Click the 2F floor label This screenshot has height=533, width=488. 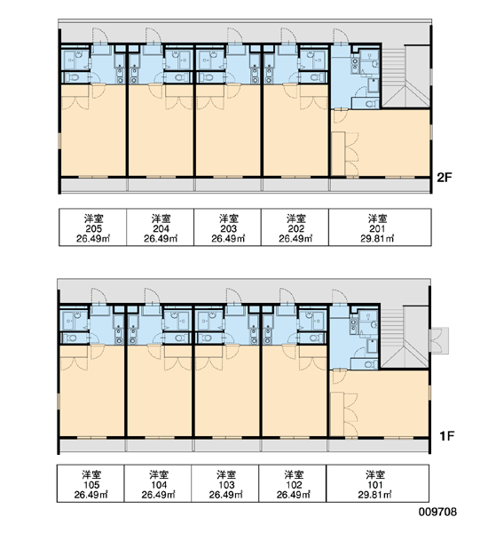445,177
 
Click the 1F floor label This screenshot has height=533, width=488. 446,436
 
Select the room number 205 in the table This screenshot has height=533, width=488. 93,228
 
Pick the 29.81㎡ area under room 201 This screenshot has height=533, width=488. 377,238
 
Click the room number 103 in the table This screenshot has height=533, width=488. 226,485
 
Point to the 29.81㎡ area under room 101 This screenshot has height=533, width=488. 374,494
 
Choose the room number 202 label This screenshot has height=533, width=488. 295,228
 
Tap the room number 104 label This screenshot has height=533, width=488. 159,485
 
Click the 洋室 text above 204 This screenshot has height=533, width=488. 161,219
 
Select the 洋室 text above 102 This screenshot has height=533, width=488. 294,475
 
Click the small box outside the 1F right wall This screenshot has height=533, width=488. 439,339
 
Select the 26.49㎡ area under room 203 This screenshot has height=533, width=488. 228,238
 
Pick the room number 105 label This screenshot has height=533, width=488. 91,485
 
